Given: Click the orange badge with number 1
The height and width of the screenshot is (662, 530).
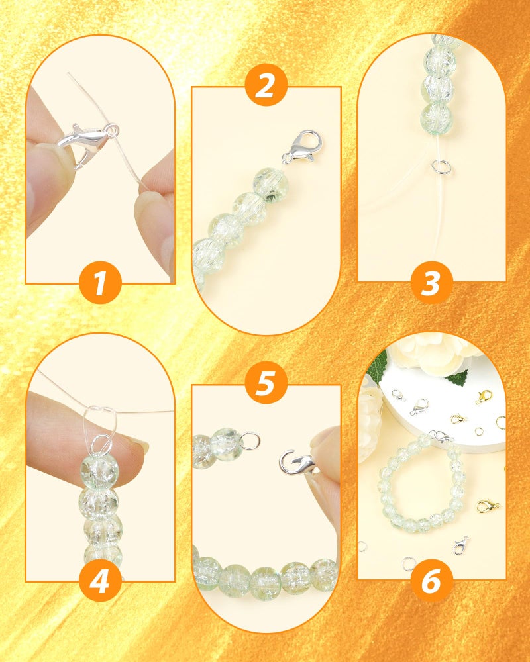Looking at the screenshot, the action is tap(100, 283).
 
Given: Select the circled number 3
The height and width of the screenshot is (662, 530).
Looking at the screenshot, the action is tap(431, 283).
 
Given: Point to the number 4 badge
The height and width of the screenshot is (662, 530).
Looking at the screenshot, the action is tap(100, 581).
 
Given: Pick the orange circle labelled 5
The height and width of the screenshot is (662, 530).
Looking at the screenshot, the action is tap(266, 383).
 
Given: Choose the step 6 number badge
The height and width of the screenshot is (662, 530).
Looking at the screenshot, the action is tap(431, 581).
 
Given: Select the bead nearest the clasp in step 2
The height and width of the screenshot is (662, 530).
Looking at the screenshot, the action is tap(270, 183).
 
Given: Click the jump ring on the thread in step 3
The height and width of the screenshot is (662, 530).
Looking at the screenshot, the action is tap(441, 165).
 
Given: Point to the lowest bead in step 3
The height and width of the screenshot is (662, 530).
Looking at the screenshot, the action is tap(436, 116).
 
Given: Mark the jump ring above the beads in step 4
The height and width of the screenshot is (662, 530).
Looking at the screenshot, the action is tap(101, 444).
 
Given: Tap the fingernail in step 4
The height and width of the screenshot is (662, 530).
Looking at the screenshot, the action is tap(139, 444).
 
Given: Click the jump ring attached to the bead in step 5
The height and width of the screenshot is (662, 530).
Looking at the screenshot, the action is tap(250, 440).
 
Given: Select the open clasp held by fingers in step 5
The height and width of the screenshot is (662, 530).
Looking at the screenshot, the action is tap(297, 463).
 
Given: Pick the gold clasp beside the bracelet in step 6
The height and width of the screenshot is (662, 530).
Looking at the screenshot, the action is tap(488, 506).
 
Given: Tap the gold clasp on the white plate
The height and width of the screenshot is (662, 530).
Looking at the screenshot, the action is tap(483, 397).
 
